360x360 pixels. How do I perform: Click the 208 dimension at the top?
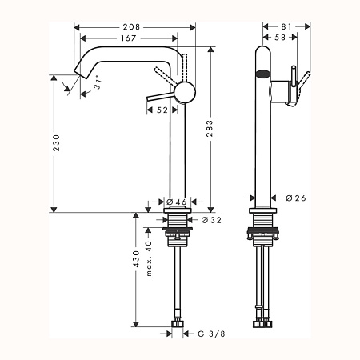coord(134,26)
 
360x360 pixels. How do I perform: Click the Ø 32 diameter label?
coord(210,219)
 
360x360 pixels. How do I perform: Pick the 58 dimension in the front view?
coord(279,37)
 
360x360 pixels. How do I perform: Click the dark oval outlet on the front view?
coord(262,75)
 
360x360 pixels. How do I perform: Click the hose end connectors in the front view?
coord(262,322)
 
